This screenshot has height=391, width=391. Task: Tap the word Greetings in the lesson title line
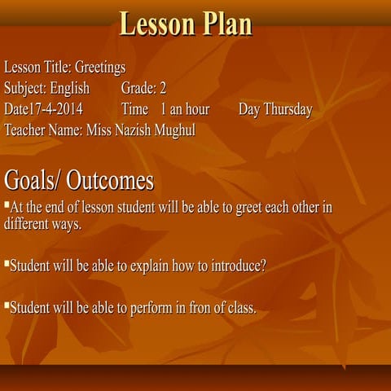[x=99, y=67]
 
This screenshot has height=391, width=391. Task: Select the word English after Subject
[x=69, y=88]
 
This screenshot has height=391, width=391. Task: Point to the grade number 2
[x=163, y=88]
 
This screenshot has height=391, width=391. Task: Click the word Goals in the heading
[x=29, y=179]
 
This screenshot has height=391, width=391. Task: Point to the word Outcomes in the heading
[x=110, y=179]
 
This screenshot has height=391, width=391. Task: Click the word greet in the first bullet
[x=250, y=207]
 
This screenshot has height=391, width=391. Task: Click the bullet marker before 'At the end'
[x=7, y=204]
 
